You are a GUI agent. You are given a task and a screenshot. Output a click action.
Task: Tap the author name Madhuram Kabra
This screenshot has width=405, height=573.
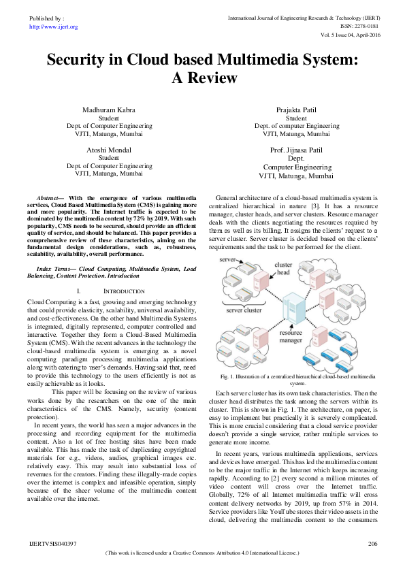pos(110,110)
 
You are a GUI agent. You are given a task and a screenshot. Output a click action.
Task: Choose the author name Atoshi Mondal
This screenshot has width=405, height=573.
pos(110,149)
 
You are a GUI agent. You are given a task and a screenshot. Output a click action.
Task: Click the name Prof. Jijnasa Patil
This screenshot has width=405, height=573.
pos(296,149)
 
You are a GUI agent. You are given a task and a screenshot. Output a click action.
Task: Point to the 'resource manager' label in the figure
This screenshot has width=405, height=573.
pos(291,338)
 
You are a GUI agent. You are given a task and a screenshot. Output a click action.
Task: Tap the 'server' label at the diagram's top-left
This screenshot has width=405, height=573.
pos(228,261)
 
